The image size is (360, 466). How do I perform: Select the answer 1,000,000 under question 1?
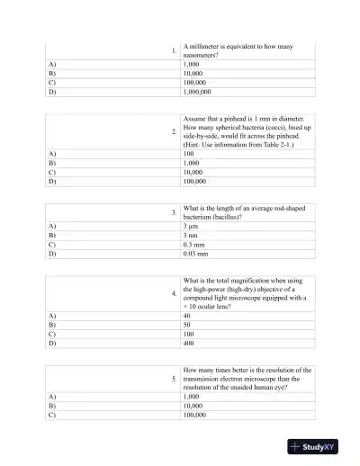pos(197,92)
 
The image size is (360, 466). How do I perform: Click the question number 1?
pos(173,50)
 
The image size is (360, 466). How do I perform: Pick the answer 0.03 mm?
pos(194,254)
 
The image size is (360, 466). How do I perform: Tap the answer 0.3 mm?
pos(193,245)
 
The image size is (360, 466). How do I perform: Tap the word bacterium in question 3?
pos(200,217)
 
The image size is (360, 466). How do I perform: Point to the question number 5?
pos(173,379)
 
